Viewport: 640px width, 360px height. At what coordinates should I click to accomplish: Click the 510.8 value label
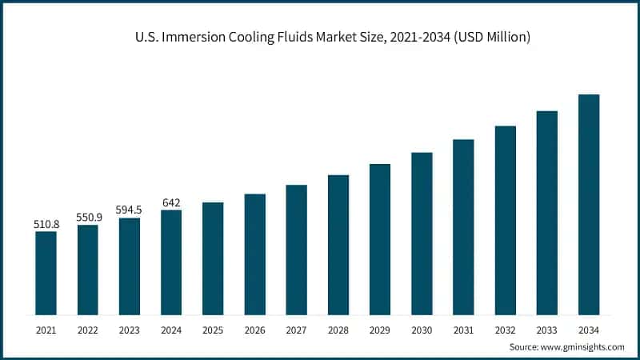click(x=46, y=225)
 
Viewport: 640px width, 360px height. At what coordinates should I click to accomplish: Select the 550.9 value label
click(x=88, y=218)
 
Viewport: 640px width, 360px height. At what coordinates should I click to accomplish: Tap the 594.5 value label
click(x=130, y=210)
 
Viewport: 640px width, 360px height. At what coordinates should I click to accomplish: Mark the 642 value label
click(x=171, y=202)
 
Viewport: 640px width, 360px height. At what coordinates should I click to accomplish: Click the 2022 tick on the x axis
click(x=88, y=329)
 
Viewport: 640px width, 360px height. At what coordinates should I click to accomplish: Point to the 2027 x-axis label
click(x=297, y=329)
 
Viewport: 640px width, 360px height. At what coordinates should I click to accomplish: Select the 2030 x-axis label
click(x=422, y=329)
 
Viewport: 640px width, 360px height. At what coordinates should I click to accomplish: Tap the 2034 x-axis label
click(x=589, y=329)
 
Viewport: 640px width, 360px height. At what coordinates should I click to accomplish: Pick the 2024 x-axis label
click(x=171, y=329)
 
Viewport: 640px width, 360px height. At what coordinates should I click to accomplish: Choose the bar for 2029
click(x=380, y=239)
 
